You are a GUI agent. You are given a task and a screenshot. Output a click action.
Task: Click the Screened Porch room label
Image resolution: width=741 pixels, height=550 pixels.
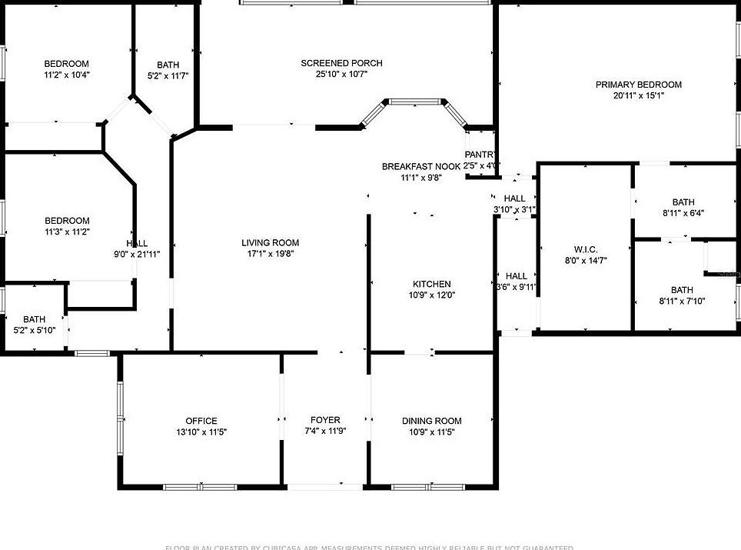[341, 63]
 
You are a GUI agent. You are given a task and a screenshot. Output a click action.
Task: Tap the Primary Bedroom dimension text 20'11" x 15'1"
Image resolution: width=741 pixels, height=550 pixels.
[638, 96]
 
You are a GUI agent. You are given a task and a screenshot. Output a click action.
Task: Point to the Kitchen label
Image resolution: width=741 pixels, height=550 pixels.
[431, 284]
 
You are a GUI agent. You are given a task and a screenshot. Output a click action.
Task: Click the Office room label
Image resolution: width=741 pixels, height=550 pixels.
[201, 421]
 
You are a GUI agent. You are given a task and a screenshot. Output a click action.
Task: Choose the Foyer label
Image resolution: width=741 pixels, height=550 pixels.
[325, 420]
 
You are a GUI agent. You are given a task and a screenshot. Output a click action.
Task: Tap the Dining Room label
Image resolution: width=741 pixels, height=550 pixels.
[431, 421]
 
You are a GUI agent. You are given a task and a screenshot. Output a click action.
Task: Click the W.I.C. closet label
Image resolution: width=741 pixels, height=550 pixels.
[586, 249]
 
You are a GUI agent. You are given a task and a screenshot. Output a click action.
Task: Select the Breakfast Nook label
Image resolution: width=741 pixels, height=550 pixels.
[421, 167]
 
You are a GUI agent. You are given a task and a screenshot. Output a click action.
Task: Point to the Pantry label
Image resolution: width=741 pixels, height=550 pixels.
[480, 155]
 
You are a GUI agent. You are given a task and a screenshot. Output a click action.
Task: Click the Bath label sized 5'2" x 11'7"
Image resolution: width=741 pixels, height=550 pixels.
[168, 65]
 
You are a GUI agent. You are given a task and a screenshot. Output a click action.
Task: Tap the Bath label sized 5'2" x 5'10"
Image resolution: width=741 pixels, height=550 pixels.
[34, 319]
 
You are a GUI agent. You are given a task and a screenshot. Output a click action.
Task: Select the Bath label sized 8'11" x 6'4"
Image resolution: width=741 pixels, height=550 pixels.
[683, 202]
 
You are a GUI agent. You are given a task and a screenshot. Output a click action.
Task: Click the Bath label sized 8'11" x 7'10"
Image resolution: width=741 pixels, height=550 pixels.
[682, 290]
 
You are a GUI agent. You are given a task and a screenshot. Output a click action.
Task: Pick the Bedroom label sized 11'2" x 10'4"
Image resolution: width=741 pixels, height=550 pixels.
[66, 64]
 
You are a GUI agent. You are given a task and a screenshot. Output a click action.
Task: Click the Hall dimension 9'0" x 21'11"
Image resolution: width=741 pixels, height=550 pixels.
[137, 254]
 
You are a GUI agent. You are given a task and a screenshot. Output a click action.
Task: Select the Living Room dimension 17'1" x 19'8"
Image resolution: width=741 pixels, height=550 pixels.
[270, 253]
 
